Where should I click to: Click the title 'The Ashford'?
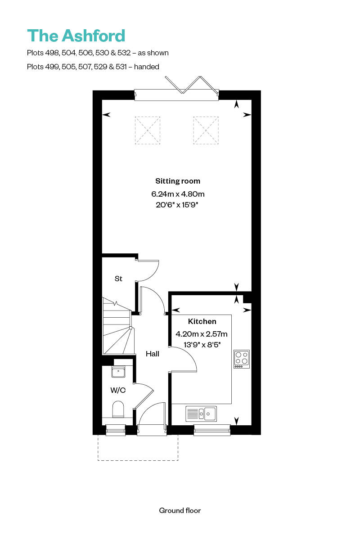pos(76,36)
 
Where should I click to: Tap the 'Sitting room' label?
pos(178,181)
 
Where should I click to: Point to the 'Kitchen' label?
pos(202,321)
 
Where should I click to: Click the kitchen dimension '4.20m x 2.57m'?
pos(202,334)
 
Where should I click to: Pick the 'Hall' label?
pos(153,354)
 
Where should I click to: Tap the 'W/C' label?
pos(118,390)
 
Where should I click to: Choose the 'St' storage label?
pos(118,279)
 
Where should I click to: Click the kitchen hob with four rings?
pos(242,359)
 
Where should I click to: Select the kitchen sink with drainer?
pos(201,413)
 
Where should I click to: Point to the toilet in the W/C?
pos(118,409)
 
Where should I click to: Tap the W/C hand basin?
pos(118,372)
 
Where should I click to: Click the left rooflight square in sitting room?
pos(148,130)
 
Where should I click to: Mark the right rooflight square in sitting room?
pos(206,130)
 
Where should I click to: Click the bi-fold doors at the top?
pos(176,90)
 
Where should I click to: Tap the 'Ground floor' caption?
pos(180,510)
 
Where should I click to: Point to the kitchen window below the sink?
pos(211,431)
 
